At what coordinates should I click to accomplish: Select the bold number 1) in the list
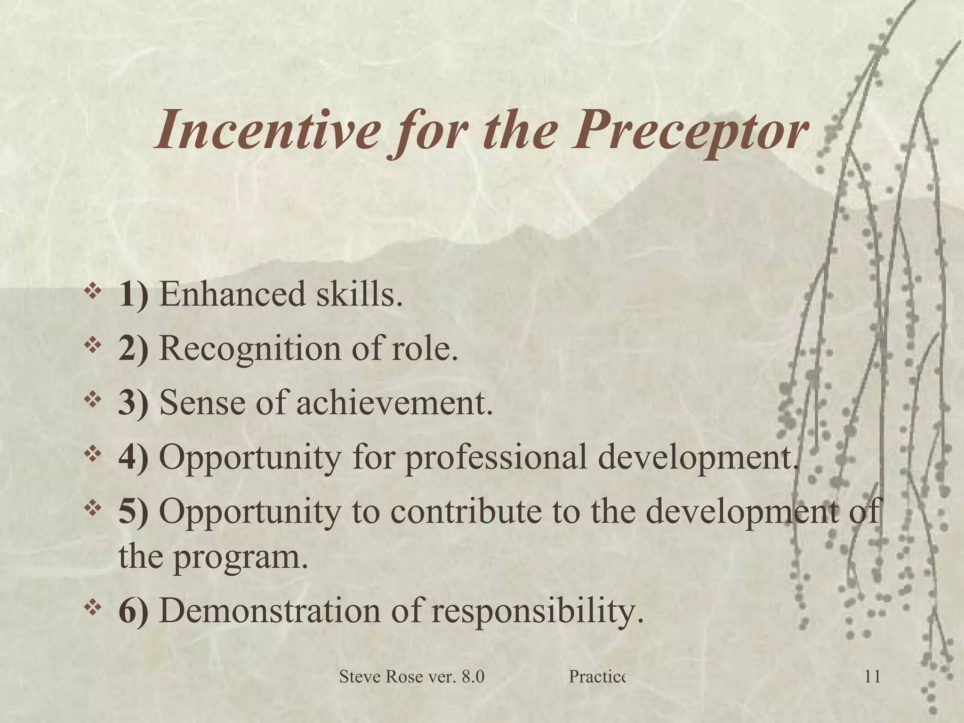click(134, 295)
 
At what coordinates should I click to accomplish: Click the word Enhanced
click(233, 295)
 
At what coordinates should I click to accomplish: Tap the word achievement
click(394, 404)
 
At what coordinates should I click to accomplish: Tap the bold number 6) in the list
click(134, 612)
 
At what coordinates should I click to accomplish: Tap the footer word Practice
click(596, 691)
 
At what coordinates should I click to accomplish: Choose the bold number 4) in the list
click(134, 458)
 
